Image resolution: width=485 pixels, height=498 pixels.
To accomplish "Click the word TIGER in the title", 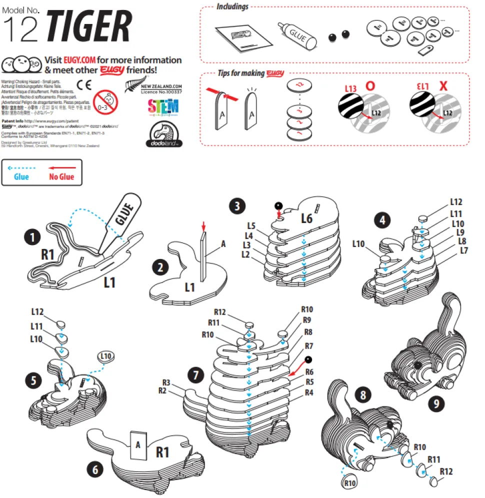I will [x=89, y=27].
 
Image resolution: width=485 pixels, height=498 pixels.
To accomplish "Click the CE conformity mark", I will [x=83, y=83].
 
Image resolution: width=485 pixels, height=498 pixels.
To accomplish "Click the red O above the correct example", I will [x=370, y=85].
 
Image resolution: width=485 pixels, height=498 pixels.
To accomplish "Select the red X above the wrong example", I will [x=443, y=85].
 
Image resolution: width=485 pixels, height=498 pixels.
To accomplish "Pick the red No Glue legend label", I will [x=61, y=176].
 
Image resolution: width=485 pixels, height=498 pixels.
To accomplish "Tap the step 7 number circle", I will [x=195, y=374].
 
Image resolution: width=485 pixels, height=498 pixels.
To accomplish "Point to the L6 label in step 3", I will [x=306, y=218].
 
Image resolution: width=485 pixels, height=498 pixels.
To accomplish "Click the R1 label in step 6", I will [x=163, y=452].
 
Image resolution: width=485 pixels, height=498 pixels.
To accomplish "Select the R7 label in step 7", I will [x=308, y=345].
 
